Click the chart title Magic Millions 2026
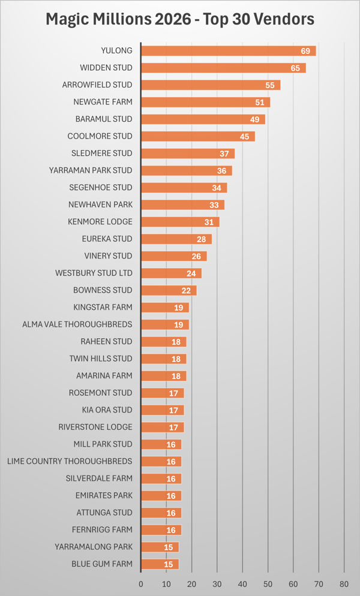click(180, 19)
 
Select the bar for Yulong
click(228, 51)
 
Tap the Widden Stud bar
click(223, 68)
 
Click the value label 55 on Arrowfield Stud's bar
click(270, 85)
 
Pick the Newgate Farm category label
click(103, 102)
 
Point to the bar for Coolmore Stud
click(198, 136)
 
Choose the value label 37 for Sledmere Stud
click(224, 153)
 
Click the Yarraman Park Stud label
click(91, 170)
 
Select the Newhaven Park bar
click(182, 204)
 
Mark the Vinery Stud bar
click(174, 256)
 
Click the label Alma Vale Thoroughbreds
click(77, 324)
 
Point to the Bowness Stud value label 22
click(186, 290)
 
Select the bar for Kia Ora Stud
click(162, 410)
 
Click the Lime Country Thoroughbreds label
click(70, 461)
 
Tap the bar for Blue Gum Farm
click(160, 564)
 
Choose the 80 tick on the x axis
click(344, 583)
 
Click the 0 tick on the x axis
click(141, 583)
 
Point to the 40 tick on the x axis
click(242, 583)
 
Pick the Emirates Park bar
click(161, 495)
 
